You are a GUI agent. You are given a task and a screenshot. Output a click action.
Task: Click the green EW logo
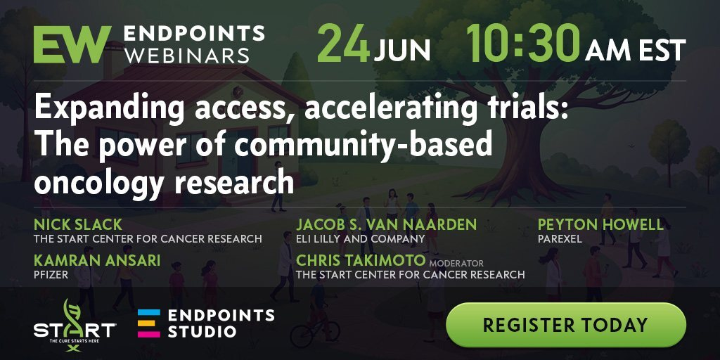point(72,44)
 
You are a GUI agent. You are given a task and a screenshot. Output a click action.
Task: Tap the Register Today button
point(566,325)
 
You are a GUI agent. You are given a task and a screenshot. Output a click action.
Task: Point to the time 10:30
point(523,43)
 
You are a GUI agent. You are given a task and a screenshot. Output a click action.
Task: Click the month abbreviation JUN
point(401,50)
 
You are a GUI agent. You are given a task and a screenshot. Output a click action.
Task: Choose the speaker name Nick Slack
point(78,224)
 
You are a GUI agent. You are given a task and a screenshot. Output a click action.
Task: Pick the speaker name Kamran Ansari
point(97,260)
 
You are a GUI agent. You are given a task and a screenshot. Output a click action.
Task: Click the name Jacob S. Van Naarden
point(387,224)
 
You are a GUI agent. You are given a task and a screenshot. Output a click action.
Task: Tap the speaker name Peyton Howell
point(600,224)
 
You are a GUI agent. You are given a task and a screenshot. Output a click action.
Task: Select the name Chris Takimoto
point(361,260)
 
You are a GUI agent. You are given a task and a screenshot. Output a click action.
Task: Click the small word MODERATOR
point(456,264)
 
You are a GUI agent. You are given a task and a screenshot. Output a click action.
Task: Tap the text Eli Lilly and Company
point(361,239)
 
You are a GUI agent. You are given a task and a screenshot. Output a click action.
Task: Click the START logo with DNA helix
point(75,325)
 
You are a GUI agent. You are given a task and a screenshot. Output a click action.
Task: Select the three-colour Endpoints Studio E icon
point(149,323)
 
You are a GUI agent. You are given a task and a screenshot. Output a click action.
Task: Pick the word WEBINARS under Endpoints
point(187,56)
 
